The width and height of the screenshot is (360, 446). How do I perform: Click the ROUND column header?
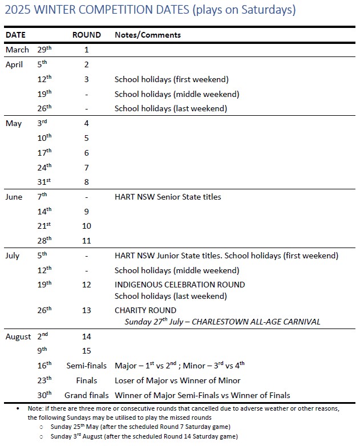pyautogui.click(x=86, y=35)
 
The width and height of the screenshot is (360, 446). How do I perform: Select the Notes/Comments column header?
pyautogui.click(x=148, y=35)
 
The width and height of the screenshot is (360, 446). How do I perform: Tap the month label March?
pyautogui.click(x=17, y=50)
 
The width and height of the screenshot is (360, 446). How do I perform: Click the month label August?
pyautogui.click(x=18, y=336)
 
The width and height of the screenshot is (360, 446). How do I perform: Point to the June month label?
pyautogui.click(x=14, y=197)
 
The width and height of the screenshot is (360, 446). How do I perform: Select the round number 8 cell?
pyautogui.click(x=87, y=182)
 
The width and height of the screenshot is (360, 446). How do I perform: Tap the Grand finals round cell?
pyautogui.click(x=86, y=395)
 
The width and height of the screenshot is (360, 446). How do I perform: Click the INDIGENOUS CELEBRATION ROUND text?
pyautogui.click(x=180, y=285)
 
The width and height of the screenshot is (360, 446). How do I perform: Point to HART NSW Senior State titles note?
pyautogui.click(x=168, y=197)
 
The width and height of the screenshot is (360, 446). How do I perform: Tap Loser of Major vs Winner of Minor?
pyautogui.click(x=177, y=380)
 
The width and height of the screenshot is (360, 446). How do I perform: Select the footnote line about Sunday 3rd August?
pyautogui.click(x=143, y=437)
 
